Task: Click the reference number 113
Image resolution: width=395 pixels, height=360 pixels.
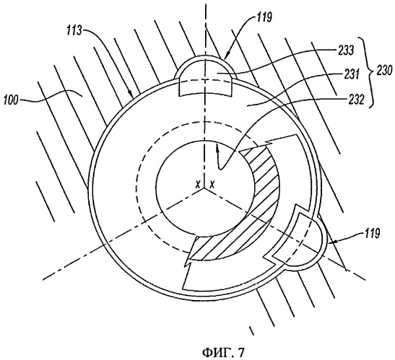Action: click(x=74, y=31)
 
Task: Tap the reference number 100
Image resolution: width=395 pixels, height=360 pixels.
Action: click(x=12, y=101)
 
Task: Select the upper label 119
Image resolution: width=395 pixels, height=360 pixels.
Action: click(x=264, y=17)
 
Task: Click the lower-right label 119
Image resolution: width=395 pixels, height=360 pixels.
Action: click(x=372, y=234)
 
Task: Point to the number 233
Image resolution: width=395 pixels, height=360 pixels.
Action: click(x=346, y=51)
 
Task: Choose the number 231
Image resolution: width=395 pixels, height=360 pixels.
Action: click(x=350, y=75)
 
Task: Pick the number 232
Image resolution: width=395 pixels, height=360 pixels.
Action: click(x=356, y=100)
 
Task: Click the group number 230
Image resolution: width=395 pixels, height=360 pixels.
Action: click(x=384, y=71)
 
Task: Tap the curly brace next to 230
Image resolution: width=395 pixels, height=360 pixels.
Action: click(x=368, y=72)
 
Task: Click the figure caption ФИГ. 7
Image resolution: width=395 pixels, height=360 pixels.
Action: click(x=223, y=352)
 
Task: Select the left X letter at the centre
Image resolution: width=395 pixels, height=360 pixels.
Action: click(x=198, y=185)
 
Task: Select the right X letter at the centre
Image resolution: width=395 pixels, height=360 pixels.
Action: click(x=212, y=185)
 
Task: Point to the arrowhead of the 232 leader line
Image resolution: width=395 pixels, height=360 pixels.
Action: click(x=217, y=150)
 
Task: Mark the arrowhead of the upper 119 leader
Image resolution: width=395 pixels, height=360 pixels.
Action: click(x=226, y=56)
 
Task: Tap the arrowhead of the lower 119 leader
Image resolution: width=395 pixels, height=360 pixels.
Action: click(x=331, y=242)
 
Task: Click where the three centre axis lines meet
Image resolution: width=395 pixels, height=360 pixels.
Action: click(x=205, y=188)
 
